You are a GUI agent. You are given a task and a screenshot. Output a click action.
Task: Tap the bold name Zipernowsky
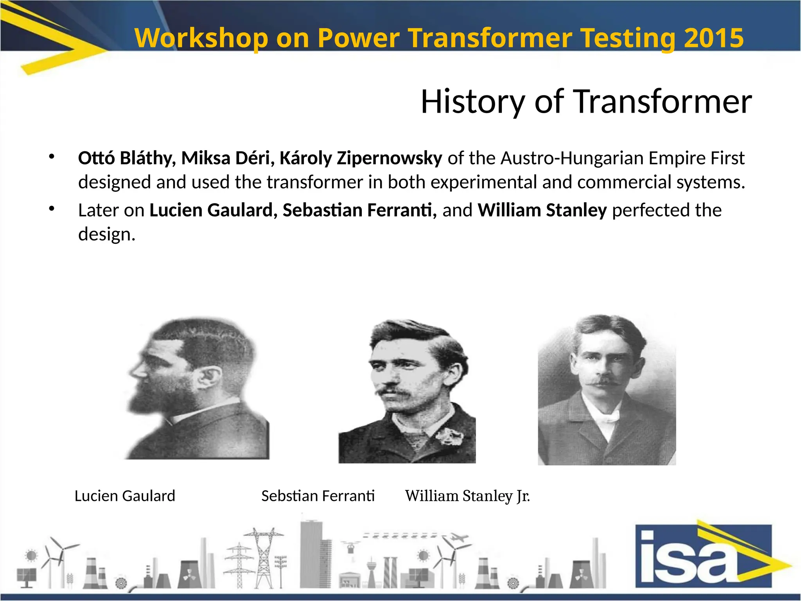click(389, 158)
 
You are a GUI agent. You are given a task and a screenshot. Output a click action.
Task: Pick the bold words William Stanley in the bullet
click(542, 210)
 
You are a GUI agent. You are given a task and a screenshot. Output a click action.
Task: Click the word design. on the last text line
click(106, 234)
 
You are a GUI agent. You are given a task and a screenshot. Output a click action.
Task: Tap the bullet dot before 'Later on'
click(51, 209)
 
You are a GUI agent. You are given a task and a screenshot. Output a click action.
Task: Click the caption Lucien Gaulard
click(125, 496)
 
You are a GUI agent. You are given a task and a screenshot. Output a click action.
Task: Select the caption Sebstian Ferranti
click(318, 496)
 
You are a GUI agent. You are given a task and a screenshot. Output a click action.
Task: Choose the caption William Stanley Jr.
click(467, 496)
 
